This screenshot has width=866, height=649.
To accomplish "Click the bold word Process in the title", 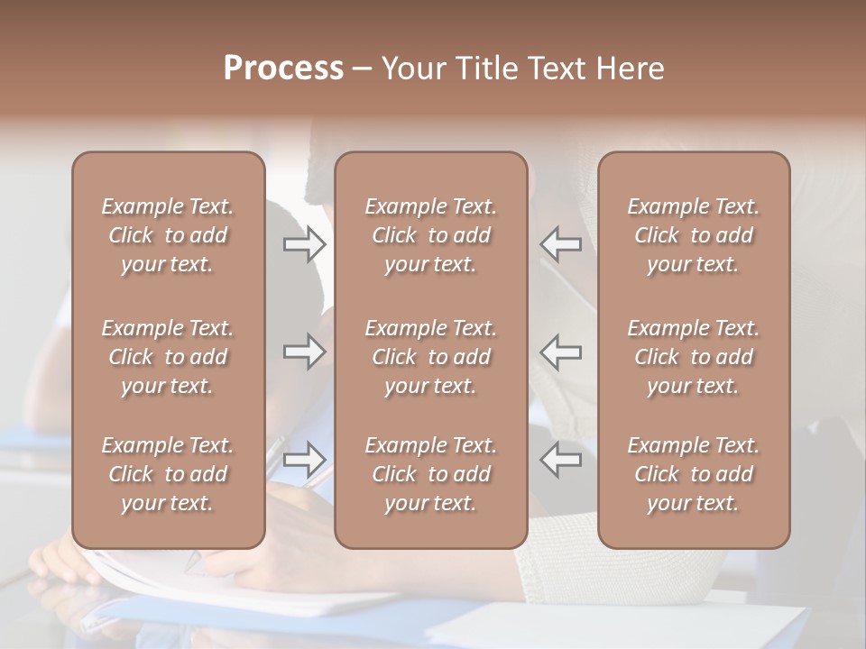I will [x=283, y=69].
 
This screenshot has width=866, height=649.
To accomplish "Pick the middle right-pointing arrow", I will [x=305, y=352].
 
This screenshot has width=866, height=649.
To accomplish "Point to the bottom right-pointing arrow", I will [x=305, y=460].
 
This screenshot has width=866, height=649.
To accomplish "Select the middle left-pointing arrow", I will [x=560, y=352].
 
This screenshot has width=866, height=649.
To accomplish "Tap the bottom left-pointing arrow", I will [x=560, y=460].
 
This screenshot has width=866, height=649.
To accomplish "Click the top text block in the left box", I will [x=168, y=235].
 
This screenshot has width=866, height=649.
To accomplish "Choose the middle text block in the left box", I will [x=168, y=357].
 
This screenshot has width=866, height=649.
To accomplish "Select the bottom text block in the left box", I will [x=168, y=474].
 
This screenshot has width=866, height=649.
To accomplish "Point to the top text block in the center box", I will [x=430, y=235].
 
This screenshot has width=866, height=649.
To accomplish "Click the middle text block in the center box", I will [x=430, y=357].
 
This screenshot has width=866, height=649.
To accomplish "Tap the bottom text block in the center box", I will [x=430, y=474].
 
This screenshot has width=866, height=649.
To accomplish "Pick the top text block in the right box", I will [x=693, y=235].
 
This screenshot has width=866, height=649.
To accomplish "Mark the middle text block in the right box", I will [x=693, y=357].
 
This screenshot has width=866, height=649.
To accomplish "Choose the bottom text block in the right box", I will [x=693, y=474].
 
